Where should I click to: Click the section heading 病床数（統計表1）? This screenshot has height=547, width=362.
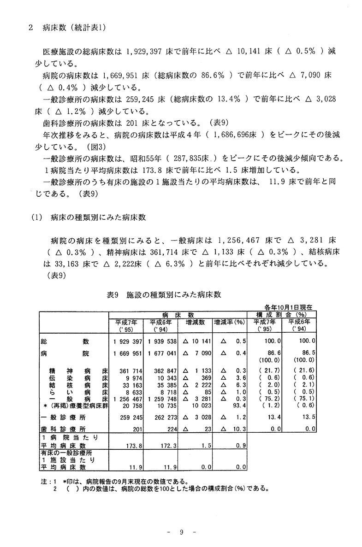coord(74,28)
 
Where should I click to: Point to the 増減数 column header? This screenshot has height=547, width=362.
coord(195,322)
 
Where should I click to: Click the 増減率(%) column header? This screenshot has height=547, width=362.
coord(229,322)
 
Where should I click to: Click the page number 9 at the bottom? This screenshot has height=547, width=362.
coord(181,533)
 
